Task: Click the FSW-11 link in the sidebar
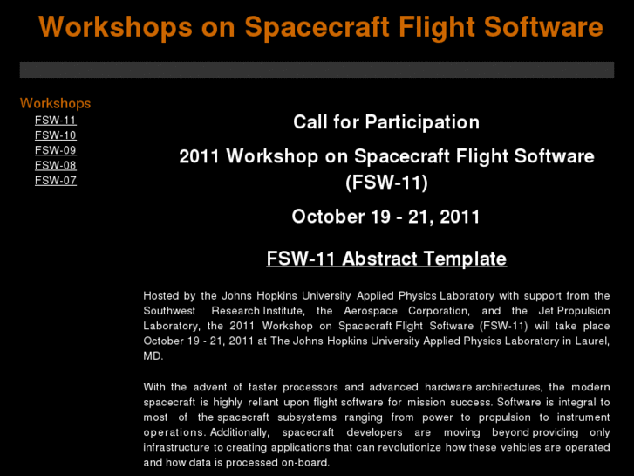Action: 56,120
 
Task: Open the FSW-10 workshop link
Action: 56,135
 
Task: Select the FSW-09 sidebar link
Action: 56,150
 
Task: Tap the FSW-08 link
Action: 56,165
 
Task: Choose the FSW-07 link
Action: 56,180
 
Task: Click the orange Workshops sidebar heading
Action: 55,103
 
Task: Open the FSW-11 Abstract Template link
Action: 386,259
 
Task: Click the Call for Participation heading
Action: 386,122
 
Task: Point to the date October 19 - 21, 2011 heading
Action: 386,217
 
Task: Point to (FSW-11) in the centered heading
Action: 386,183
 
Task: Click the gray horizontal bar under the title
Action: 317,70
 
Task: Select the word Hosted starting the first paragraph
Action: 162,296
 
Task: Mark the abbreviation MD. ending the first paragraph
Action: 153,356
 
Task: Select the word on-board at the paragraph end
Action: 306,462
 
